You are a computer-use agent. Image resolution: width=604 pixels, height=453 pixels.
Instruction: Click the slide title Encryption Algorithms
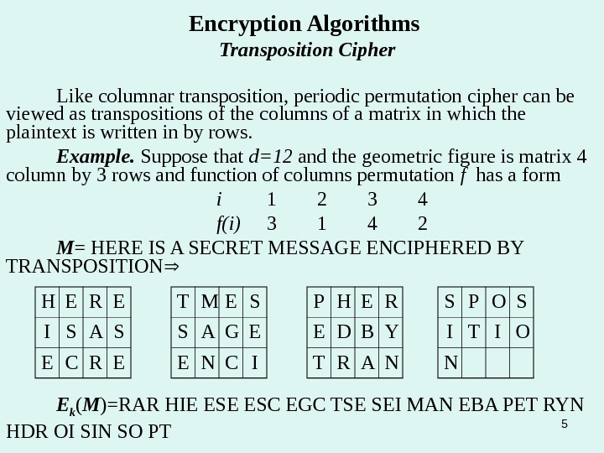click(x=304, y=22)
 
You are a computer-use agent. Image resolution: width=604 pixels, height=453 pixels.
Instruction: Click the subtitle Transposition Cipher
click(x=306, y=50)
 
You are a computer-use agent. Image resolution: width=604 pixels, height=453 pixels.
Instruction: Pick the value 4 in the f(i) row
click(x=372, y=224)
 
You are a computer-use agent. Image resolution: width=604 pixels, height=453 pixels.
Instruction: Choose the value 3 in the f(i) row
click(x=271, y=224)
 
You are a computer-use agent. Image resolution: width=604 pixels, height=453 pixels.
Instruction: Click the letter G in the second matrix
click(x=232, y=333)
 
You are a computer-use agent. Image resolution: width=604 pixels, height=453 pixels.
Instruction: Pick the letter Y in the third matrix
click(x=391, y=333)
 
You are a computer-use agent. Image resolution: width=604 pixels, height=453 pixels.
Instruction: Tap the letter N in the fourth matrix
click(x=451, y=364)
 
